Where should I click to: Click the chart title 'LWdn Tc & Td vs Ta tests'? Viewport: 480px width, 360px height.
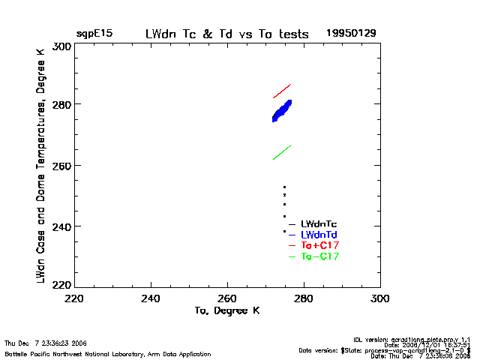[x=226, y=34]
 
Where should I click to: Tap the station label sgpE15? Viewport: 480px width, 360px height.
[x=94, y=34]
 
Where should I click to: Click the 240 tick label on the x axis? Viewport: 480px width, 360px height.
[x=151, y=298]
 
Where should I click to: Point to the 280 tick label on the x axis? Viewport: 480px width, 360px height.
[x=304, y=298]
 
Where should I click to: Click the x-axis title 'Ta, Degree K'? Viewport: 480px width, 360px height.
[x=226, y=310]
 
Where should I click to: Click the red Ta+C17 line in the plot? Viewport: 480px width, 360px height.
[x=281, y=91]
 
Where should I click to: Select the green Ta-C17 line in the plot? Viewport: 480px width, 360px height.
[x=281, y=152]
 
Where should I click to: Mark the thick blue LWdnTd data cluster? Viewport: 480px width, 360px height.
[x=282, y=111]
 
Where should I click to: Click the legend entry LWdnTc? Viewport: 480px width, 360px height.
[x=318, y=223]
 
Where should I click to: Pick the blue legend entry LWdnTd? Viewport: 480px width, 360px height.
[x=318, y=235]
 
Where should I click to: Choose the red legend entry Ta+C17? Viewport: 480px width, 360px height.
[x=319, y=245]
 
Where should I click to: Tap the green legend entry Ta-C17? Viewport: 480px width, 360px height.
[x=319, y=256]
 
